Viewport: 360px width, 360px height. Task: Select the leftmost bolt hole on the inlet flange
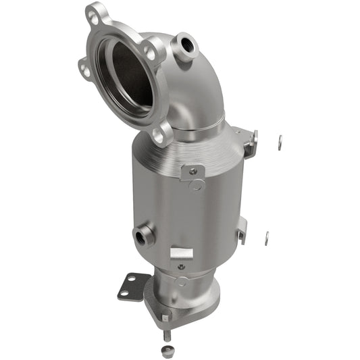pyautogui.click(x=83, y=66)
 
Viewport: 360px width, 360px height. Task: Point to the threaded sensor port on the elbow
pyautogui.click(x=185, y=45)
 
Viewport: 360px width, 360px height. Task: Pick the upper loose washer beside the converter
pyautogui.click(x=280, y=140)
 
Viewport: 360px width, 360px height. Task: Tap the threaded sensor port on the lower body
pyautogui.click(x=144, y=234)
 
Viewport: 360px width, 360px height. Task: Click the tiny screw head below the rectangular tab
pyautogui.click(x=181, y=266)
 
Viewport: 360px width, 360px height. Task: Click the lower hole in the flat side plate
pyautogui.click(x=125, y=292)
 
